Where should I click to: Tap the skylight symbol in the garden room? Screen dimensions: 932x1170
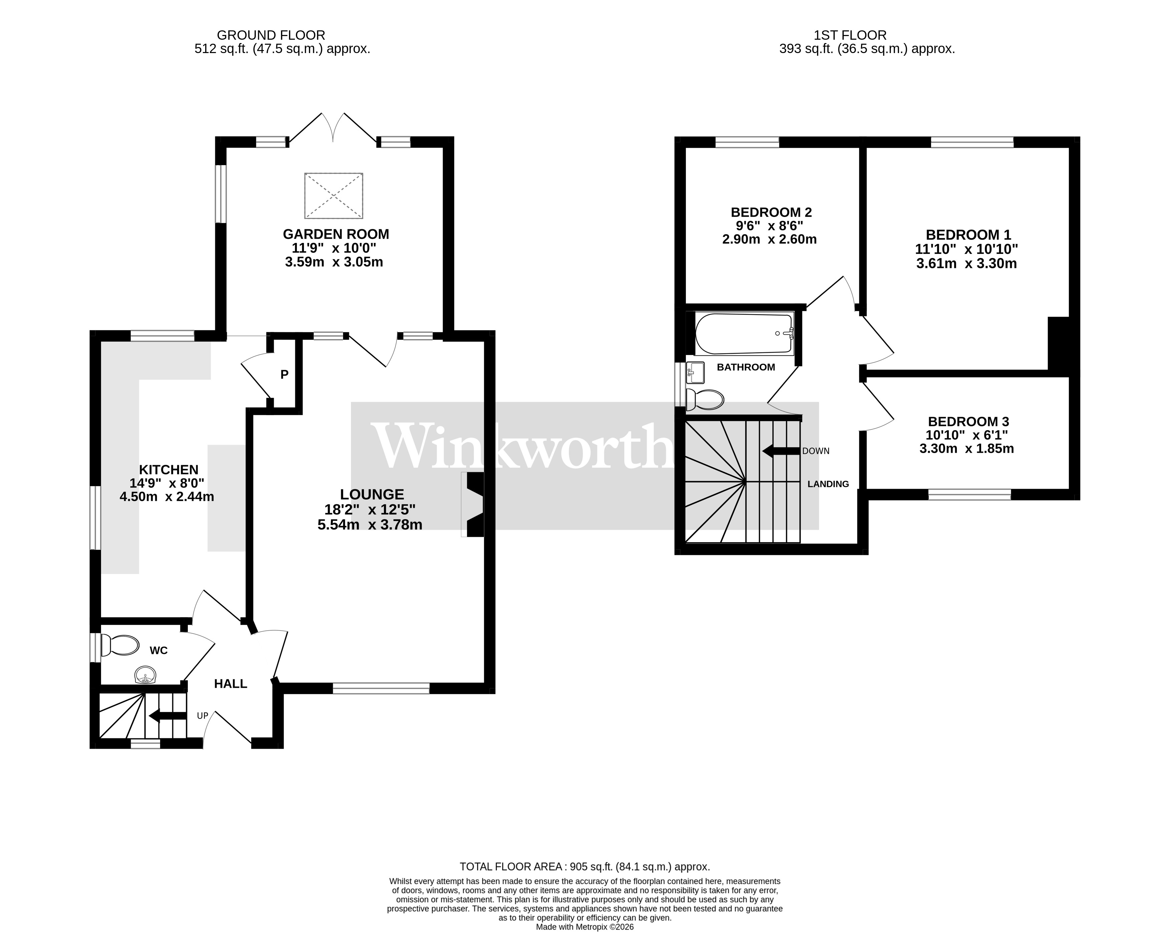(x=333, y=196)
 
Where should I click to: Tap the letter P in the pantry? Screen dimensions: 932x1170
(x=284, y=374)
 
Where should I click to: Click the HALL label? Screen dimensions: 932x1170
(x=231, y=684)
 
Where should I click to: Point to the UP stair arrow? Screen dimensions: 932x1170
(x=168, y=716)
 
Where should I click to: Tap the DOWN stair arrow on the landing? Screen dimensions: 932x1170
(x=780, y=450)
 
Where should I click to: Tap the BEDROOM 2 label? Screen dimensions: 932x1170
(x=771, y=212)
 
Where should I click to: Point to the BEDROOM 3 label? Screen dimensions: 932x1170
(x=968, y=421)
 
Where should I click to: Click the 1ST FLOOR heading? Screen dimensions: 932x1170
(x=850, y=35)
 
